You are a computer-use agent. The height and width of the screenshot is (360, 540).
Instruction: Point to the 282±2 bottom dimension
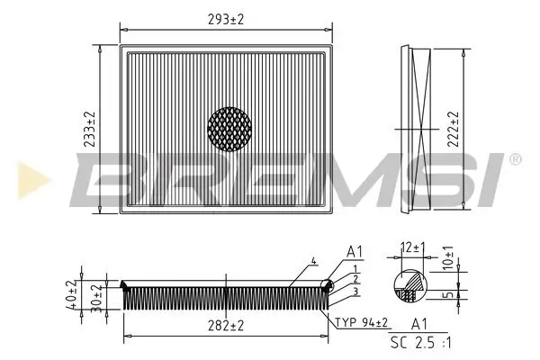coord(225,326)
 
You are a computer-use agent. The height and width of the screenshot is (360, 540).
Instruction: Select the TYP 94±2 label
coord(364,321)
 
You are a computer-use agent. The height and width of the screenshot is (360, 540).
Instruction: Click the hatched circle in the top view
coord(229,129)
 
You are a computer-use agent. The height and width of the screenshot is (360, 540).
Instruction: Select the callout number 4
coord(313,261)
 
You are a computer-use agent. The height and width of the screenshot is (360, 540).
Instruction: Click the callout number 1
coord(356,269)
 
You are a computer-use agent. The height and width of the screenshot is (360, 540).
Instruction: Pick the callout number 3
coord(356,291)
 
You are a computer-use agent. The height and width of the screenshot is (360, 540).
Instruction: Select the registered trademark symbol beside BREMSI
coord(515,159)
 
